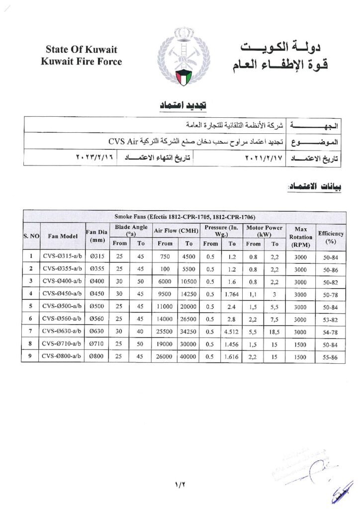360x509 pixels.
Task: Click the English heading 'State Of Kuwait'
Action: pos(81,50)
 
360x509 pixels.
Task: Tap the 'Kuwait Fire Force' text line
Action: pos(81,62)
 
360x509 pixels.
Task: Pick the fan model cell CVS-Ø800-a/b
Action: pos(62,356)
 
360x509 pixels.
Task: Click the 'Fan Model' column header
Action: pos(62,236)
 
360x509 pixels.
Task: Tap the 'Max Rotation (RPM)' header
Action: pos(300,236)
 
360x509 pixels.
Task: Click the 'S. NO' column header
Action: pos(31,236)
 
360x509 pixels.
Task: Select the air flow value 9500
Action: pos(165,294)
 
